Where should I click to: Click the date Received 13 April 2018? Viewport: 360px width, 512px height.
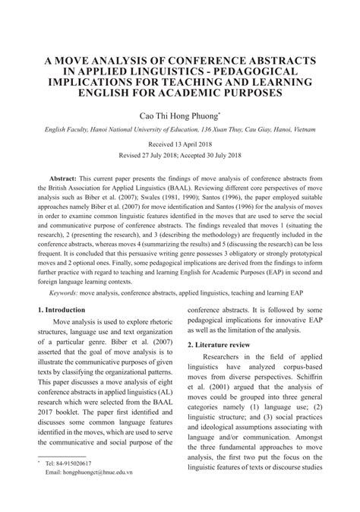click(180, 143)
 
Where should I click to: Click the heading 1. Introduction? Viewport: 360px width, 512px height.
click(64, 311)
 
